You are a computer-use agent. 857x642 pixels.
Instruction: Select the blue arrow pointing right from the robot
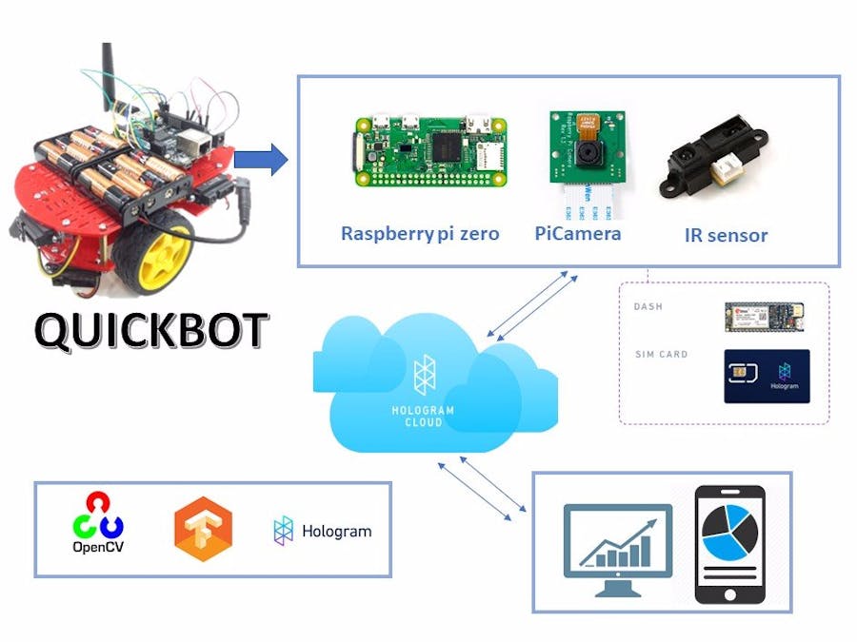tap(260, 159)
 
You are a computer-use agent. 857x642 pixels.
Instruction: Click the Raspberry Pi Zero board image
tap(430, 148)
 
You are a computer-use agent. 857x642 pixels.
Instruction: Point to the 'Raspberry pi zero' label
tap(420, 233)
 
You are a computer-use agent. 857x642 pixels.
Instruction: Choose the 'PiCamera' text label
tap(578, 233)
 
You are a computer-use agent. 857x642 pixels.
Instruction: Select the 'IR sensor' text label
tap(726, 235)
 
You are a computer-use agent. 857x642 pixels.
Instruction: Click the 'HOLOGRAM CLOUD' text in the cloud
tap(424, 416)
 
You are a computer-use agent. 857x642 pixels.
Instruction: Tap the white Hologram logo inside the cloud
tap(424, 375)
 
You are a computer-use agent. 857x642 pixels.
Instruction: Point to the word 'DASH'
tap(648, 307)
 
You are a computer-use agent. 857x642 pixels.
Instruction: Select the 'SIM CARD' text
tap(661, 355)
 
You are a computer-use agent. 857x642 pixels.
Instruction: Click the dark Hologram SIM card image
tap(767, 376)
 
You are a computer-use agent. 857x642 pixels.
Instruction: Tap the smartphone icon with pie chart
tap(729, 543)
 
